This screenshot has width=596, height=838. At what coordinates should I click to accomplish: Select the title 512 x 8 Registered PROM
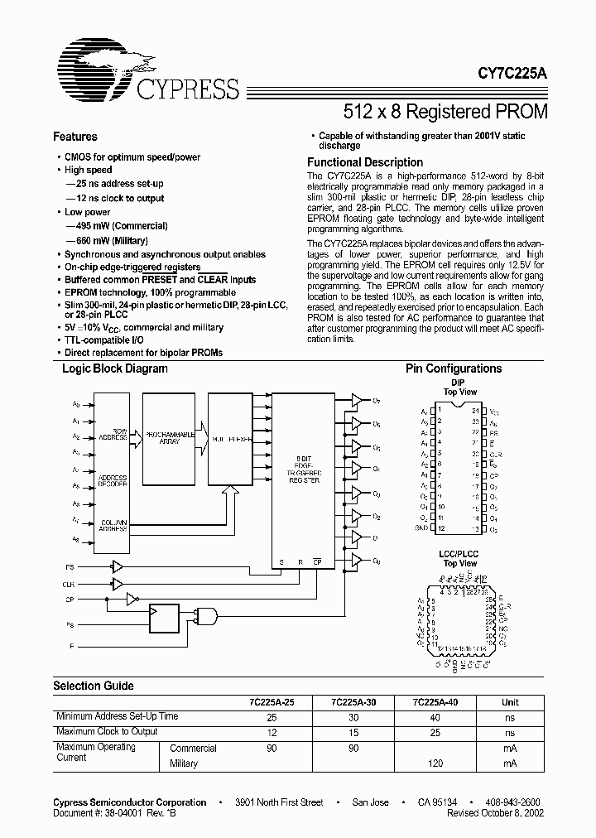[x=445, y=110]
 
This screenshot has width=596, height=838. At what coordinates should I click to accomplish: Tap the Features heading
[x=74, y=137]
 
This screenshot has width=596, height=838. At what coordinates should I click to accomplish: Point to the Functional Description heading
[x=365, y=162]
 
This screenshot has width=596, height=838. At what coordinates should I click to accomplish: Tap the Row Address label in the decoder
[x=113, y=434]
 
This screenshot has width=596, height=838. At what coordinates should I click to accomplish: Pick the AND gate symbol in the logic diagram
[x=204, y=614]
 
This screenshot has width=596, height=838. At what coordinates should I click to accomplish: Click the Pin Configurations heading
[x=453, y=369]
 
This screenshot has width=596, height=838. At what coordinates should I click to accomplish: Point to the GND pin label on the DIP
[x=422, y=527]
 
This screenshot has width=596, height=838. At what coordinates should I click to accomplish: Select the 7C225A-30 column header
[x=353, y=702]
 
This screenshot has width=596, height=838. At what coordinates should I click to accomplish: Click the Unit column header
[x=510, y=702]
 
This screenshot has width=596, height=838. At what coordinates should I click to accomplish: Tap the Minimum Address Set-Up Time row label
[x=116, y=716]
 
